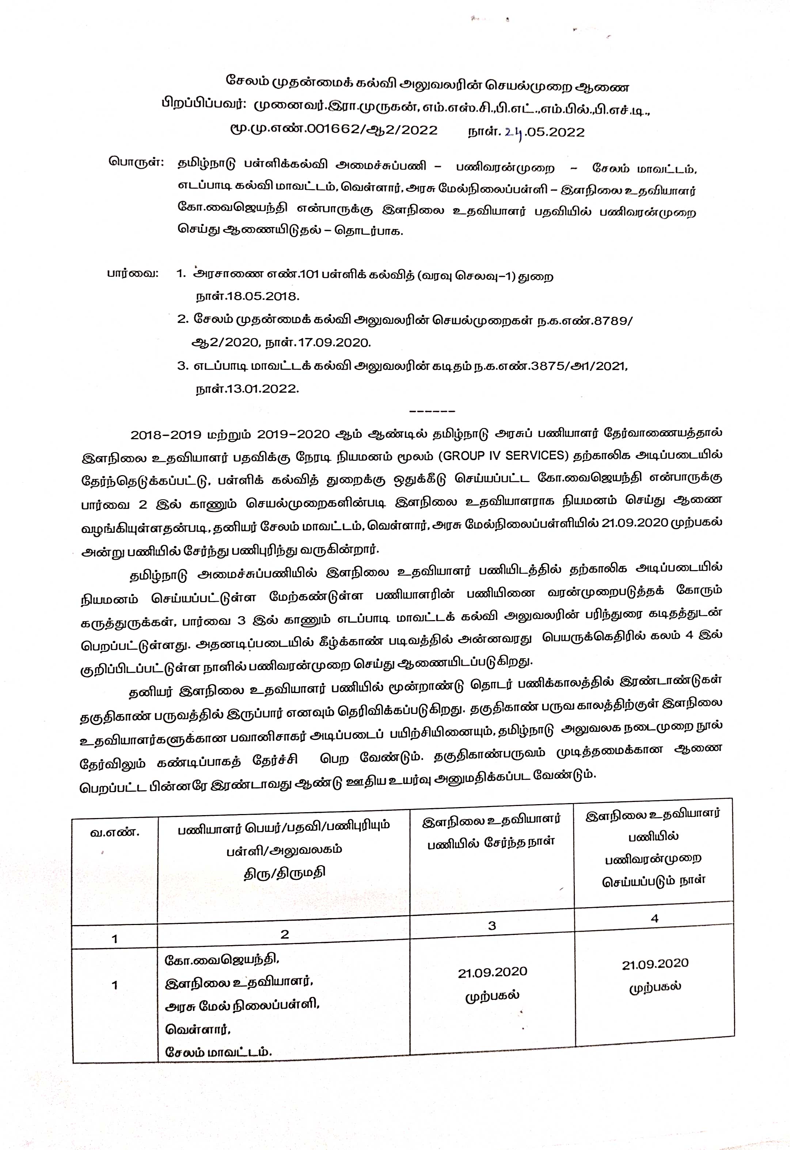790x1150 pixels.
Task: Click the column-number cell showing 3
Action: (491, 926)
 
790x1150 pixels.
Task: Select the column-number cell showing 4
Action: (654, 918)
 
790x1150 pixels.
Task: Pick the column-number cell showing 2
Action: (284, 934)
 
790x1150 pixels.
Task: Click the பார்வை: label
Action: (133, 274)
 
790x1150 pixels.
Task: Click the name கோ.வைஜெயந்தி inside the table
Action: (222, 959)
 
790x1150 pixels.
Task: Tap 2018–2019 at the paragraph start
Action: (166, 435)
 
